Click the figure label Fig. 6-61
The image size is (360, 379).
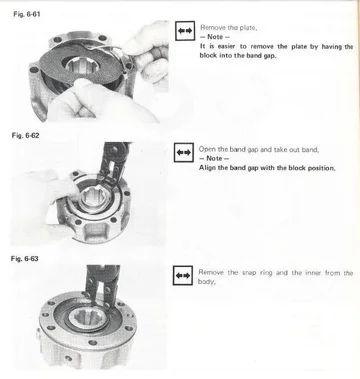[27, 14]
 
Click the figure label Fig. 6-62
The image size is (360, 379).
[25, 136]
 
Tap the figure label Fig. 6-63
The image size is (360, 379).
[25, 259]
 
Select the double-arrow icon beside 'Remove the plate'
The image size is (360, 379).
[185, 31]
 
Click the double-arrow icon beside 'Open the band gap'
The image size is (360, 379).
[183, 153]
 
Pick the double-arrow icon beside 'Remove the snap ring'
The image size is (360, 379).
[183, 275]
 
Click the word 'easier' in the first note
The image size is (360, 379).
[226, 46]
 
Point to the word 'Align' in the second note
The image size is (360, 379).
[207, 168]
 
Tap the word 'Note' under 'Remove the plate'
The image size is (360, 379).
[215, 37]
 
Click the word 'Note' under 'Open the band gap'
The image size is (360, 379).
[214, 158]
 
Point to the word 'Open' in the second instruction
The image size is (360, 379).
[207, 150]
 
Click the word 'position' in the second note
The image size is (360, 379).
[321, 168]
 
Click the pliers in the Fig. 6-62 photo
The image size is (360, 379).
[111, 163]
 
